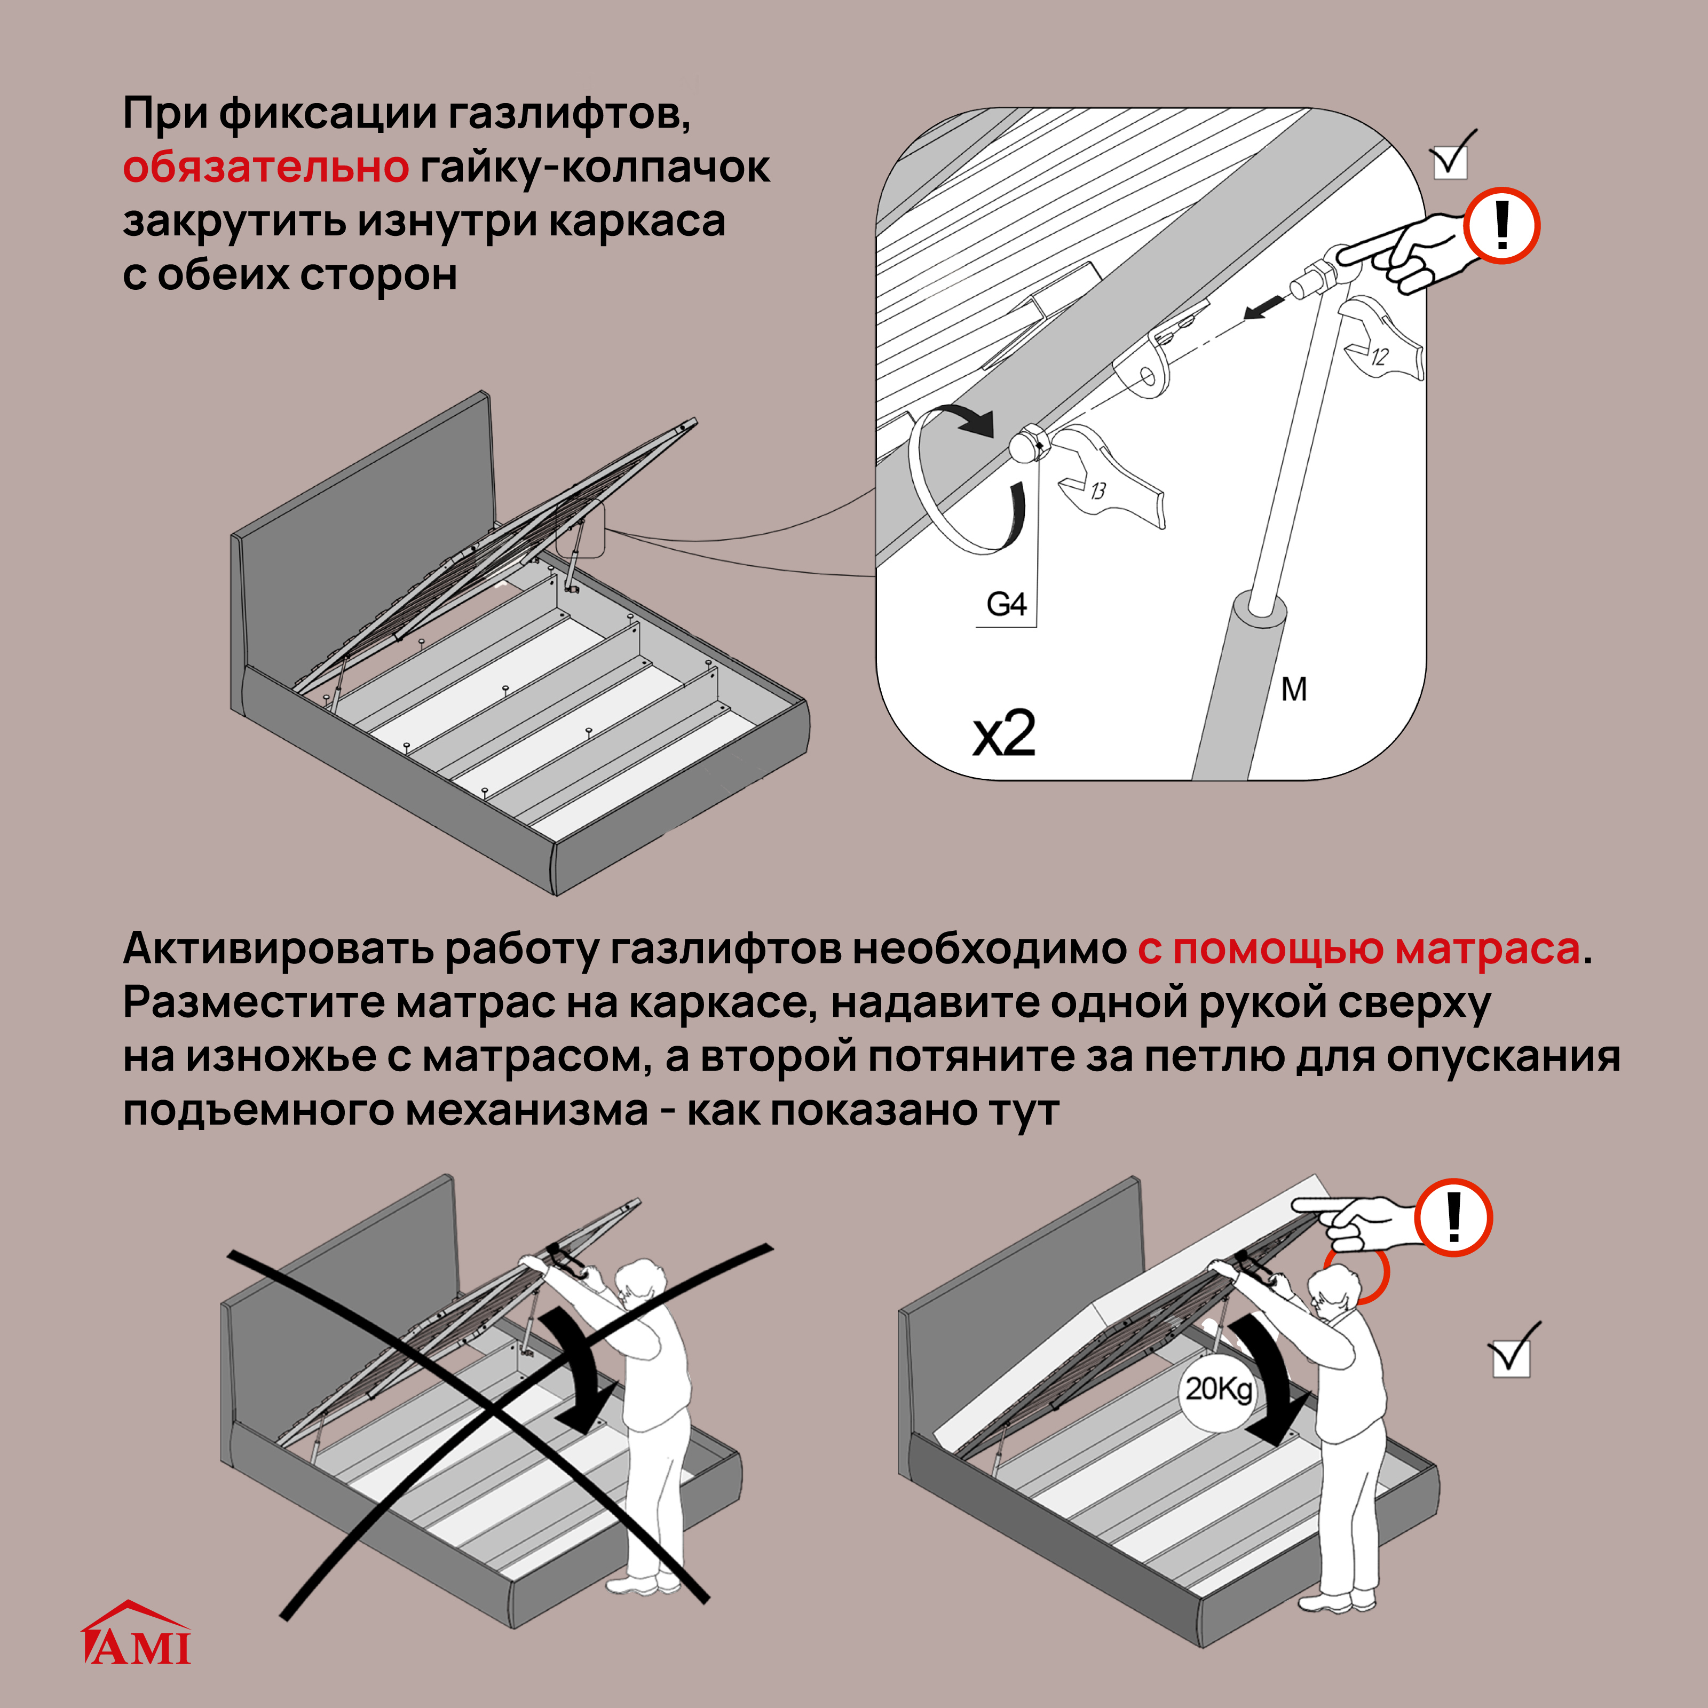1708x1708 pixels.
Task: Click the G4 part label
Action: click(1006, 605)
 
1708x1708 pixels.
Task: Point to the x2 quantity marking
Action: click(1003, 734)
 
